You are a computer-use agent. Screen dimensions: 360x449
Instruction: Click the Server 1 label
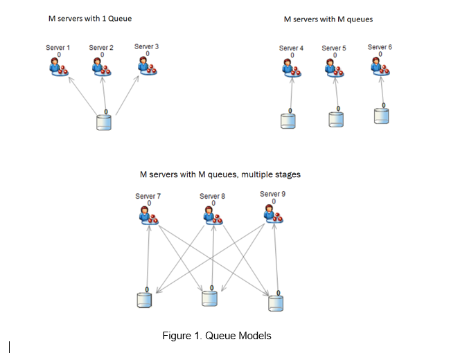pyautogui.click(x=58, y=47)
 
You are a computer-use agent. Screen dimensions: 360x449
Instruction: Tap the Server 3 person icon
pyautogui.click(x=146, y=66)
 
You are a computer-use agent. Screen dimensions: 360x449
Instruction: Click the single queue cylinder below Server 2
pyautogui.click(x=105, y=123)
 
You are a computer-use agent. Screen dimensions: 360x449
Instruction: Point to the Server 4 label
pyautogui.click(x=291, y=48)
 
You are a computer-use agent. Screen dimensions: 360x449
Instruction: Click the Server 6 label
pyautogui.click(x=380, y=47)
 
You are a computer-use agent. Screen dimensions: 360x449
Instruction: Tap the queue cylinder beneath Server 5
pyautogui.click(x=336, y=118)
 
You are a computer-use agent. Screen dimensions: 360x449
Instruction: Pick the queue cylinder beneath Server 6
pyautogui.click(x=381, y=115)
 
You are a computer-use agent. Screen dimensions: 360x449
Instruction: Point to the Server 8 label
pyautogui.click(x=212, y=196)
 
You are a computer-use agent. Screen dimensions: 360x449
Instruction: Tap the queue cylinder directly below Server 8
pyautogui.click(x=209, y=298)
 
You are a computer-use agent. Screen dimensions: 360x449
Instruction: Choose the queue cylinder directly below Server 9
pyautogui.click(x=276, y=301)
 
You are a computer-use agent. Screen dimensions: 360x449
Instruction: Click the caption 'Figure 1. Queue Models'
pyautogui.click(x=216, y=336)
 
